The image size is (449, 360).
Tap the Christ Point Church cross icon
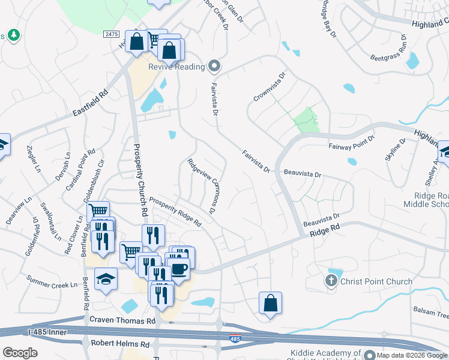[x=331, y=281]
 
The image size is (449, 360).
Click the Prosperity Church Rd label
[x=139, y=173]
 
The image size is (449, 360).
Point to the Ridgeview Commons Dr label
[x=202, y=186]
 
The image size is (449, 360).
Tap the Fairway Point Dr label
[x=352, y=142]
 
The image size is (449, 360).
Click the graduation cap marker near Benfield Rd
[x=106, y=280]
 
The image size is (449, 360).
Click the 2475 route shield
[x=110, y=35]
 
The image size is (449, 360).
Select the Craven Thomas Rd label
[x=122, y=322]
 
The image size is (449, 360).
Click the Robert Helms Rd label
[x=119, y=344]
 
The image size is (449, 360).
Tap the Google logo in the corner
[x=20, y=353]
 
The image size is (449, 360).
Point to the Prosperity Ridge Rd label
[x=175, y=211]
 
